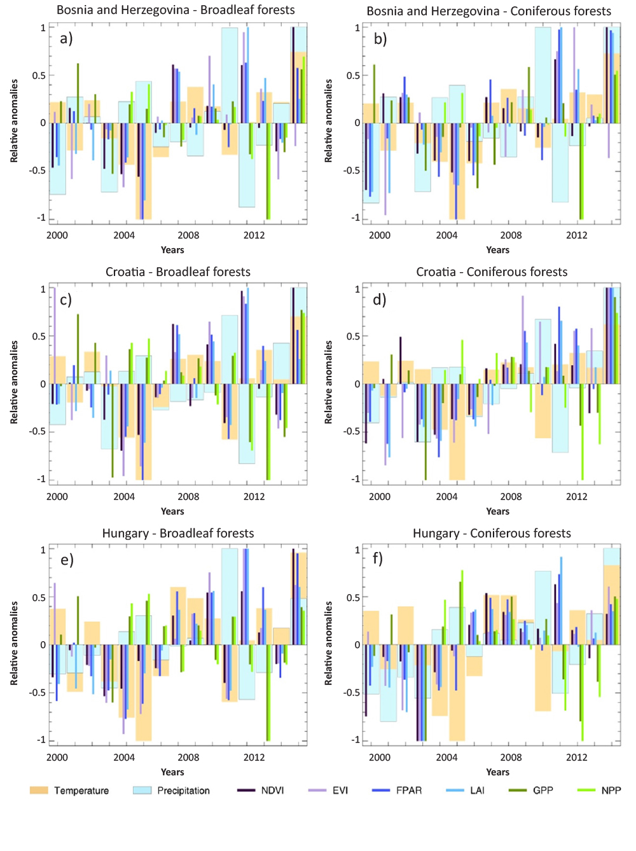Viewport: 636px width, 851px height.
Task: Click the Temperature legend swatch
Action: click(x=39, y=790)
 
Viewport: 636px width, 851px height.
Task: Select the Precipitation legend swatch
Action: click(x=142, y=790)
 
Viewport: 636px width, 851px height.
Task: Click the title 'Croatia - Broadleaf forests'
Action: click(x=178, y=272)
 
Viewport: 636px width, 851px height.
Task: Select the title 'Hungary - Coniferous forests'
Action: click(x=492, y=533)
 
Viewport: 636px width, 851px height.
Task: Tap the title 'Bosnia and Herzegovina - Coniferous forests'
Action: click(x=488, y=11)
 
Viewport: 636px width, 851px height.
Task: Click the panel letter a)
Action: click(x=66, y=39)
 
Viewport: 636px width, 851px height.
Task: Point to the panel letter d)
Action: click(x=379, y=300)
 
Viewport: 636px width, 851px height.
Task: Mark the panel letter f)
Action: click(x=378, y=558)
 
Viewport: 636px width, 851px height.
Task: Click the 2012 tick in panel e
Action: click(x=254, y=757)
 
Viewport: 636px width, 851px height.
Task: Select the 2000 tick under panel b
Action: click(x=379, y=235)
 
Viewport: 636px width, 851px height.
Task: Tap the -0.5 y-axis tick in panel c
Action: click(x=38, y=431)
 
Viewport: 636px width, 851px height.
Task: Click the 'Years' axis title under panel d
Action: click(x=497, y=511)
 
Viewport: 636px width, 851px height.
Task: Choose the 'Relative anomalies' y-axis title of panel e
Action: click(x=14, y=643)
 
